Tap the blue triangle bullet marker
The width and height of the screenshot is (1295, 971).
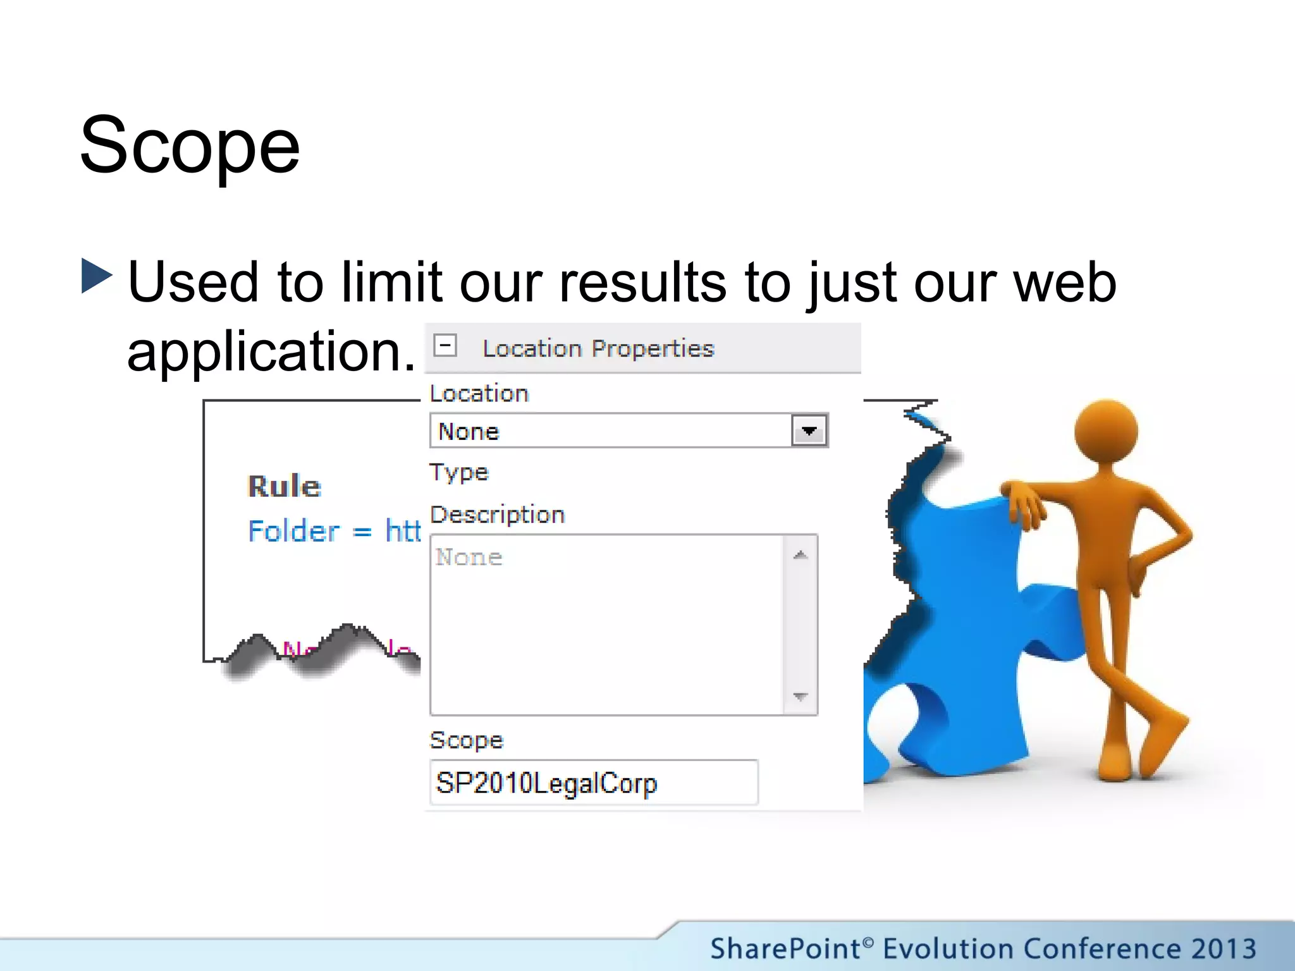(x=97, y=276)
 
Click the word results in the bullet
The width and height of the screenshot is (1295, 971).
(x=642, y=282)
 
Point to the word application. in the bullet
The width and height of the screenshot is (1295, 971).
(x=271, y=351)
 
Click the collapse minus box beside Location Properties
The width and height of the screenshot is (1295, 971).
(x=445, y=346)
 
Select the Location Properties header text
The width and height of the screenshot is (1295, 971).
(x=598, y=348)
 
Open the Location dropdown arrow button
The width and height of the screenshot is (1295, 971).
(x=809, y=431)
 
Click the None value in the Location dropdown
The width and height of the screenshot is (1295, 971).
(x=469, y=432)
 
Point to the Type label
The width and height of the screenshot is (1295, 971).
(x=459, y=473)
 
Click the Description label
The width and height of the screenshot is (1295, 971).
(x=497, y=515)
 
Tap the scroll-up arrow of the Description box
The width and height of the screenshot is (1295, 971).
(x=801, y=555)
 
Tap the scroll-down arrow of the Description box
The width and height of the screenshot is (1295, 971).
(x=801, y=697)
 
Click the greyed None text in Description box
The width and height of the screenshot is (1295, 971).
(x=469, y=557)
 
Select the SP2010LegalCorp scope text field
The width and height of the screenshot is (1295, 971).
(x=593, y=783)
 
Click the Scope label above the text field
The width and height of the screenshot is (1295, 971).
(x=466, y=740)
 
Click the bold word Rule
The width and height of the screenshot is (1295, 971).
(x=285, y=486)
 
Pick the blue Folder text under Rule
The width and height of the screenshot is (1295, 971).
(x=293, y=531)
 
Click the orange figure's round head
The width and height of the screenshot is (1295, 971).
(x=1106, y=432)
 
